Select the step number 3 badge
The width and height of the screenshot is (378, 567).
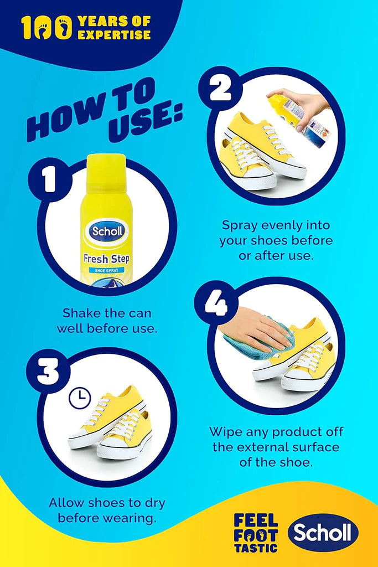point(48,372)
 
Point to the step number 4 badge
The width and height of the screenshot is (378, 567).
point(216,302)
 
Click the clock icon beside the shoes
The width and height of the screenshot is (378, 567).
point(80,398)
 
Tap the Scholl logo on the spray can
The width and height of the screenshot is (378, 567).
point(107,231)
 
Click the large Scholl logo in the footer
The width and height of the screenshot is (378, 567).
point(323,533)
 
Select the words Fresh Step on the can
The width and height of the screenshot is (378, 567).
point(106,259)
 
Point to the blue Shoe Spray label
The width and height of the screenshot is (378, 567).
point(107,270)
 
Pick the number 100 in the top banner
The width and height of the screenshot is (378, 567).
point(46,28)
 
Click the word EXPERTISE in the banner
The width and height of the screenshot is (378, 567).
point(114,35)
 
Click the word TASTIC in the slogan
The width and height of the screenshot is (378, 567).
point(256,548)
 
